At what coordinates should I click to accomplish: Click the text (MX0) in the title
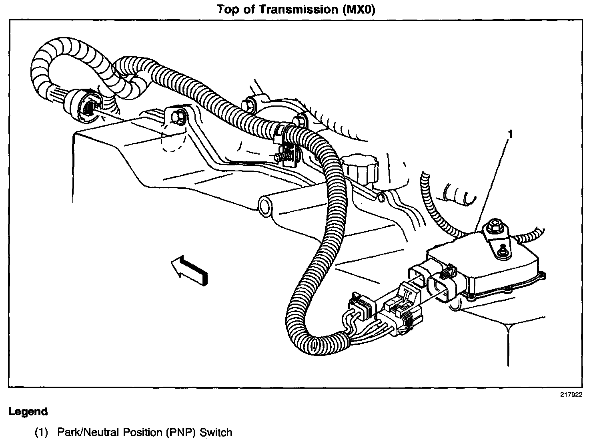pyautogui.click(x=359, y=9)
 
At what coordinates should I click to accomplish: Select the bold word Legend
pyautogui.click(x=28, y=411)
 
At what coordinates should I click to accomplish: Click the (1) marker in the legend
pyautogui.click(x=41, y=432)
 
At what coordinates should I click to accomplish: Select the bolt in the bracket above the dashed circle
pyautogui.click(x=176, y=117)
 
